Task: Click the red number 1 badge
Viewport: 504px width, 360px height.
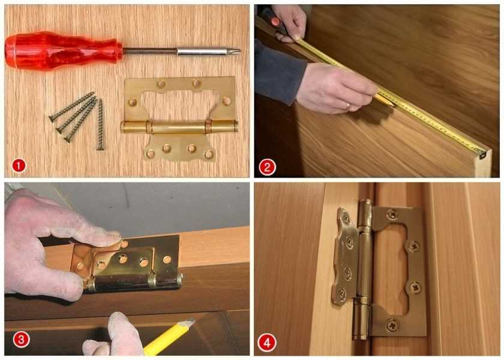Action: point(19,166)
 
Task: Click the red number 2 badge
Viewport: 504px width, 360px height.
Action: point(268,167)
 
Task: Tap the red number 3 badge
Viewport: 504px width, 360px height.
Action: point(21,340)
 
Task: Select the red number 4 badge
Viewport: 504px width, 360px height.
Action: point(267,343)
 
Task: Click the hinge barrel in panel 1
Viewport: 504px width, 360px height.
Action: point(179,127)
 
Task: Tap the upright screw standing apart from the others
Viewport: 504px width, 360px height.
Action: point(100,125)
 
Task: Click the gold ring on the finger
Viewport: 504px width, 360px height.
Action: point(348,106)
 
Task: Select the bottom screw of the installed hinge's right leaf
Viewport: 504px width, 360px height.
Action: point(392,326)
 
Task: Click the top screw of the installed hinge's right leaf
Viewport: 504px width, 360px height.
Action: point(392,214)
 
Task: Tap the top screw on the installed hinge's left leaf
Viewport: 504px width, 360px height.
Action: point(346,218)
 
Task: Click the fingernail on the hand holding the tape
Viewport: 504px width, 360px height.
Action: point(275,22)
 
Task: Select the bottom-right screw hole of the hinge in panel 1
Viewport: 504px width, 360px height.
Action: point(209,154)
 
